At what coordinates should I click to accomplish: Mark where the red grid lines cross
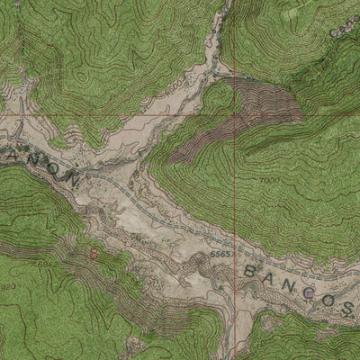pyautogui.click(x=236, y=117)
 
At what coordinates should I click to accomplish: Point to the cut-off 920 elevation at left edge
pyautogui.click(x=7, y=286)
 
